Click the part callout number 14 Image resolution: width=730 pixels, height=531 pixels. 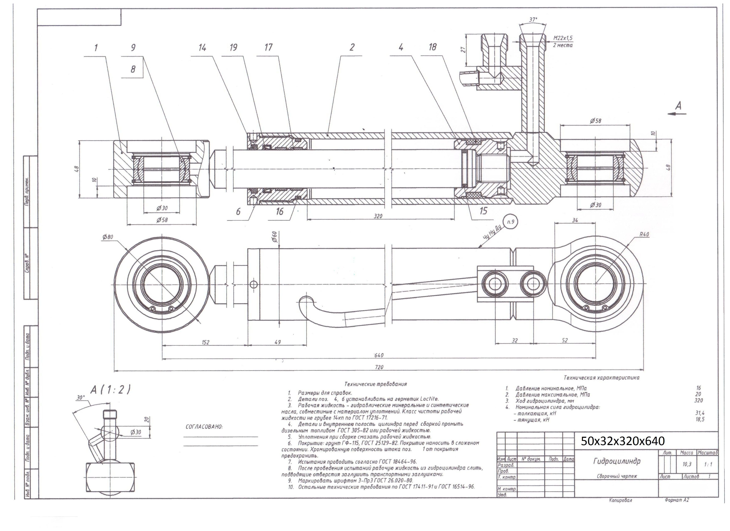click(202, 48)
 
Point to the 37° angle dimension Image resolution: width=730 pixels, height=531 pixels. click(533, 20)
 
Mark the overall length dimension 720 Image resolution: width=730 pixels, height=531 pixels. click(379, 367)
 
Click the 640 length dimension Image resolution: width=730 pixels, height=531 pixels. click(379, 355)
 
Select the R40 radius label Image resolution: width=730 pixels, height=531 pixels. click(644, 234)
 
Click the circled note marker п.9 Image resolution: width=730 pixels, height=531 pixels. click(511, 222)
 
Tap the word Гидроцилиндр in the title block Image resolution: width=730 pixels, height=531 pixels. click(617, 461)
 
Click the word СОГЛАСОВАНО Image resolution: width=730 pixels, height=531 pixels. click(204, 427)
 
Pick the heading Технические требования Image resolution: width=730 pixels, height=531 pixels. click(375, 384)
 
